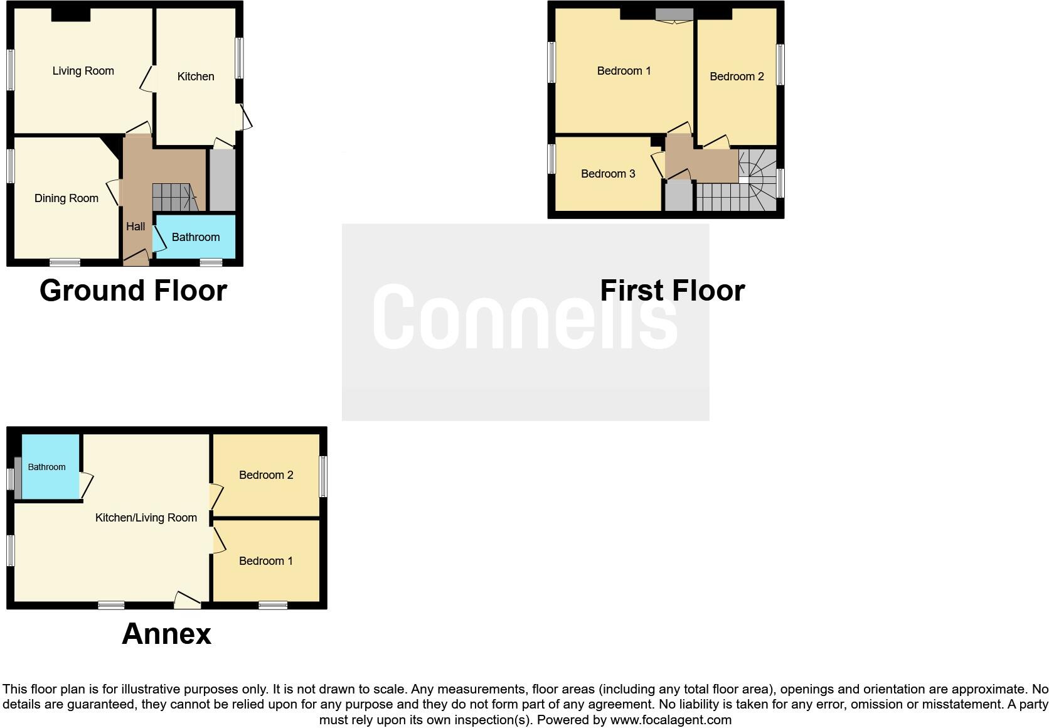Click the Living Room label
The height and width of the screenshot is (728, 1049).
(x=83, y=71)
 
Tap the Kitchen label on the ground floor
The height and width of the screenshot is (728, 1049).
(x=196, y=77)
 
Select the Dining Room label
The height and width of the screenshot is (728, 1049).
(x=67, y=198)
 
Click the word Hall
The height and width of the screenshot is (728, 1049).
(x=136, y=227)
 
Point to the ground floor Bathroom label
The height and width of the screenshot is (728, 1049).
(x=196, y=237)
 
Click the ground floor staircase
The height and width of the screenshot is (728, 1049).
(x=174, y=197)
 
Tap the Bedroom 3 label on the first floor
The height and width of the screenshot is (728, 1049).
(x=608, y=174)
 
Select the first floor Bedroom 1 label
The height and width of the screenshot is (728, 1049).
(x=624, y=71)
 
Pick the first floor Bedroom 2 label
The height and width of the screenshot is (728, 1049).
(x=737, y=77)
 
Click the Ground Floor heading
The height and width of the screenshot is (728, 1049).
(x=133, y=291)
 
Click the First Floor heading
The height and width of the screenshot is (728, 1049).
(x=672, y=291)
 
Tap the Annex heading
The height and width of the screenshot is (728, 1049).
(x=166, y=634)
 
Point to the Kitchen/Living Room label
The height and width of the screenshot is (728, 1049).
(x=146, y=518)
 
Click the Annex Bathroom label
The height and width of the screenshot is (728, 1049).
(x=46, y=467)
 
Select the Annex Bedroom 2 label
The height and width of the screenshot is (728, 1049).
(x=266, y=475)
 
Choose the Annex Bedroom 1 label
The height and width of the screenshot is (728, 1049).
(x=266, y=561)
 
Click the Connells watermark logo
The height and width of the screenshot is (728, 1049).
(x=525, y=317)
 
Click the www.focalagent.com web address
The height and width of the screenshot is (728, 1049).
(x=671, y=720)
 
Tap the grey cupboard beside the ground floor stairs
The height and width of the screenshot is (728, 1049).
(x=221, y=179)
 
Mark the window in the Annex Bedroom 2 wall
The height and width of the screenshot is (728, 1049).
(x=323, y=476)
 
